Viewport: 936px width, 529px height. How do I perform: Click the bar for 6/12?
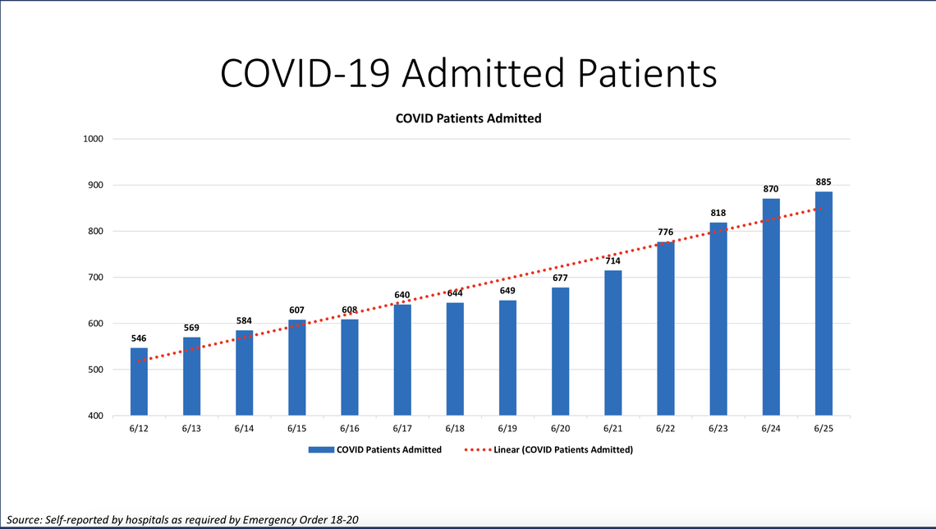[139, 382]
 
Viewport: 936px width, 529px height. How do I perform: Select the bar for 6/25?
[824, 304]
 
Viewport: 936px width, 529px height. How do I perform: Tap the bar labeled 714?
[613, 343]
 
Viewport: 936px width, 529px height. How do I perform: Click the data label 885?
[824, 182]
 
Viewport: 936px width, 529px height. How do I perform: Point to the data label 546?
[139, 338]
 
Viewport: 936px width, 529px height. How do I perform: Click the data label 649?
[507, 290]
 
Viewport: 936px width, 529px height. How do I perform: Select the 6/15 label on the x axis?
[296, 429]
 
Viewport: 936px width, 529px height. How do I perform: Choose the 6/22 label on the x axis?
[665, 429]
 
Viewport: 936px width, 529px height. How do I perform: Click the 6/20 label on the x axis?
[560, 429]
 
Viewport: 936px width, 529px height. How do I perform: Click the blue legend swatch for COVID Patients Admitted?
[320, 450]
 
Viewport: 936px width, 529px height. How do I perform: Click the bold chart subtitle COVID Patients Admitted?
[468, 118]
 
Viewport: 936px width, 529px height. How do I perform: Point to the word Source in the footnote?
[24, 520]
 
